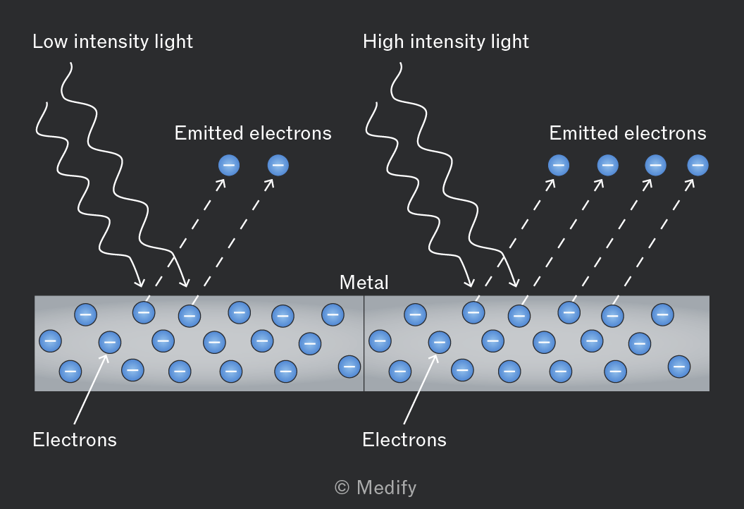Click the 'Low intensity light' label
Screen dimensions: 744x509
(x=113, y=42)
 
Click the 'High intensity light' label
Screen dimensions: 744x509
(x=445, y=42)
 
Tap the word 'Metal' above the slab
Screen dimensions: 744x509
(x=364, y=283)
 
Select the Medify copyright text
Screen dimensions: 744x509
(x=376, y=488)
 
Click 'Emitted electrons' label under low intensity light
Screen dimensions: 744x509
(x=253, y=133)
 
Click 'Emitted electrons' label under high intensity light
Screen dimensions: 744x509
(x=628, y=133)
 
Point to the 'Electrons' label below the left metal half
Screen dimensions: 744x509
(x=75, y=440)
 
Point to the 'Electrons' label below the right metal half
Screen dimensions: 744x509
(x=404, y=440)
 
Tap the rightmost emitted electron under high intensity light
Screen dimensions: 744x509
(x=697, y=165)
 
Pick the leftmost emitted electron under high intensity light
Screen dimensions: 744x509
(x=559, y=165)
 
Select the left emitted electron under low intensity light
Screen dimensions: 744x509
(x=229, y=165)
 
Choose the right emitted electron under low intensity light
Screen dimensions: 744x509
(x=278, y=165)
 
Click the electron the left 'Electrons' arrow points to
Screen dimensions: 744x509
(x=110, y=342)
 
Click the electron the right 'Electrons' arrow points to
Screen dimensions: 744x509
(x=440, y=342)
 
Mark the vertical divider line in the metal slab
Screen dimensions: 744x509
(x=364, y=343)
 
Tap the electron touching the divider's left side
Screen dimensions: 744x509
(x=349, y=367)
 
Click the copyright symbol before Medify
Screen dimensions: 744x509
(x=342, y=487)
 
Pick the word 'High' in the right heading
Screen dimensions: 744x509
(x=383, y=42)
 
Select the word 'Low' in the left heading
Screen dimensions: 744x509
(x=50, y=42)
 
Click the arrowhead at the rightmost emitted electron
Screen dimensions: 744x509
(x=690, y=183)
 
